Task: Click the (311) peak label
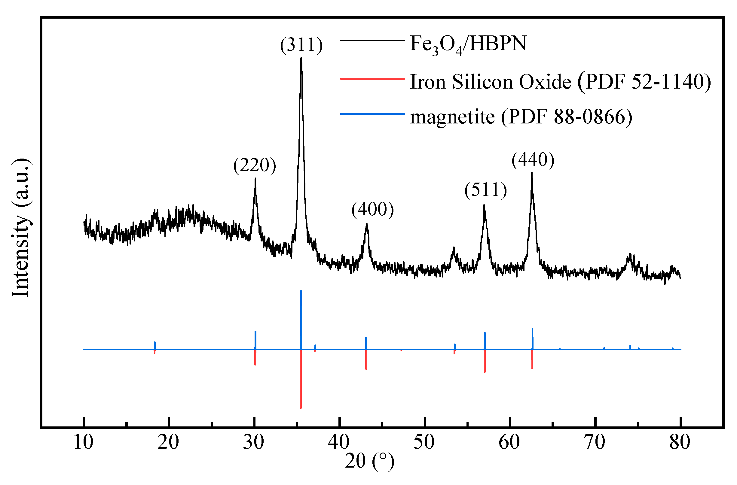point(301,45)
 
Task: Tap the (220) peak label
point(255,165)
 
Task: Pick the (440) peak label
point(533,160)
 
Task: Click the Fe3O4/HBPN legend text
point(468,44)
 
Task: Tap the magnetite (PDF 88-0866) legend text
point(521,117)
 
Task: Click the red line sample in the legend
point(372,79)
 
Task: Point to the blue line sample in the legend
point(372,114)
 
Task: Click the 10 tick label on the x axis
point(83,442)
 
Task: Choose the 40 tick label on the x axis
point(339,442)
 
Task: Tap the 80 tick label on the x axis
point(680,442)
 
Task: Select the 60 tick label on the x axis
point(509,442)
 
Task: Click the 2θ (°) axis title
point(369,462)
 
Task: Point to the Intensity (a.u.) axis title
point(21,228)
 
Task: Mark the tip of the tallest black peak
point(301,59)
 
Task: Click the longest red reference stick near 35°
point(301,380)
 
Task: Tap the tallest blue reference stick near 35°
point(301,319)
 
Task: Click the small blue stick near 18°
point(155,345)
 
